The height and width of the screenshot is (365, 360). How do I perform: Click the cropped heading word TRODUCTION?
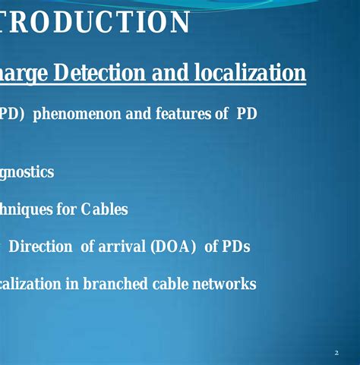(94, 23)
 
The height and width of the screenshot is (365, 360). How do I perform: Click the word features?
(181, 115)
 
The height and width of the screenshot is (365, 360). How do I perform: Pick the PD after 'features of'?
(246, 115)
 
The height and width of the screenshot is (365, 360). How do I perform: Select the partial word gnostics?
(27, 172)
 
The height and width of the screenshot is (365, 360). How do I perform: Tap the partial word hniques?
(26, 209)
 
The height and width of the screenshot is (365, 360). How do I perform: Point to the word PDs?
(235, 247)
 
